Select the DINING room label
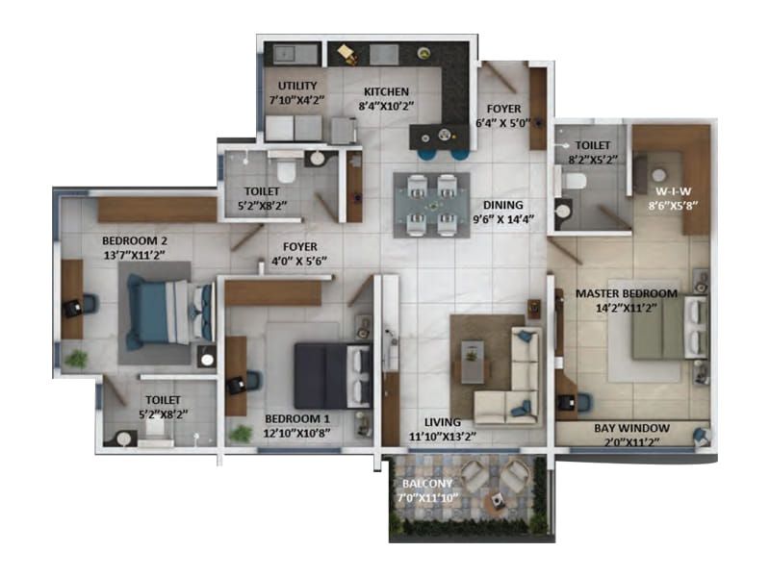[504, 205]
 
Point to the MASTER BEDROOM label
[627, 293]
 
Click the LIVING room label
[442, 422]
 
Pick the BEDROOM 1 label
[297, 419]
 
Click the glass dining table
[431, 203]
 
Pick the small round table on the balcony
[496, 500]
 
